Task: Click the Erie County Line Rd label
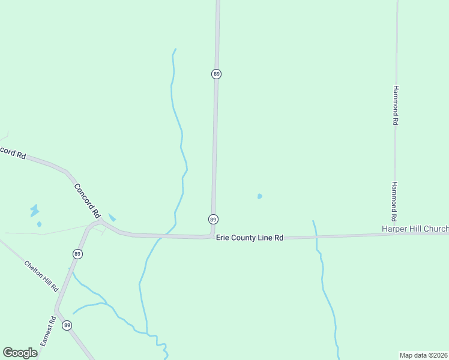click(250, 238)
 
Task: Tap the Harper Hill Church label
click(415, 229)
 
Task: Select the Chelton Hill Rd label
click(41, 276)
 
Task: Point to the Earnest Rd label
click(48, 331)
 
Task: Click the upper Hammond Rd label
click(396, 104)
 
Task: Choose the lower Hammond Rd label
click(395, 201)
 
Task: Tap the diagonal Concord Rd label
click(87, 200)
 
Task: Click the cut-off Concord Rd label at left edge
click(12, 152)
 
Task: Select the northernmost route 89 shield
click(216, 74)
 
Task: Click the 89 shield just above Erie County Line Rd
click(213, 219)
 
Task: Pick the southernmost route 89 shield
click(67, 325)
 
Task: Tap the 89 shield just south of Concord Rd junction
click(77, 254)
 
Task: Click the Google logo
click(20, 353)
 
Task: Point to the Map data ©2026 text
click(424, 355)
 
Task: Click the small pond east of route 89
click(259, 196)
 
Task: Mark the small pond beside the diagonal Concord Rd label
click(112, 218)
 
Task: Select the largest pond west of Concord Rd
click(34, 211)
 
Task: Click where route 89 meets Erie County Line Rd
click(212, 236)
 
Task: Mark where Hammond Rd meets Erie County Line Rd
click(395, 234)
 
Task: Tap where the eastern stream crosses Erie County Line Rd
click(316, 236)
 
